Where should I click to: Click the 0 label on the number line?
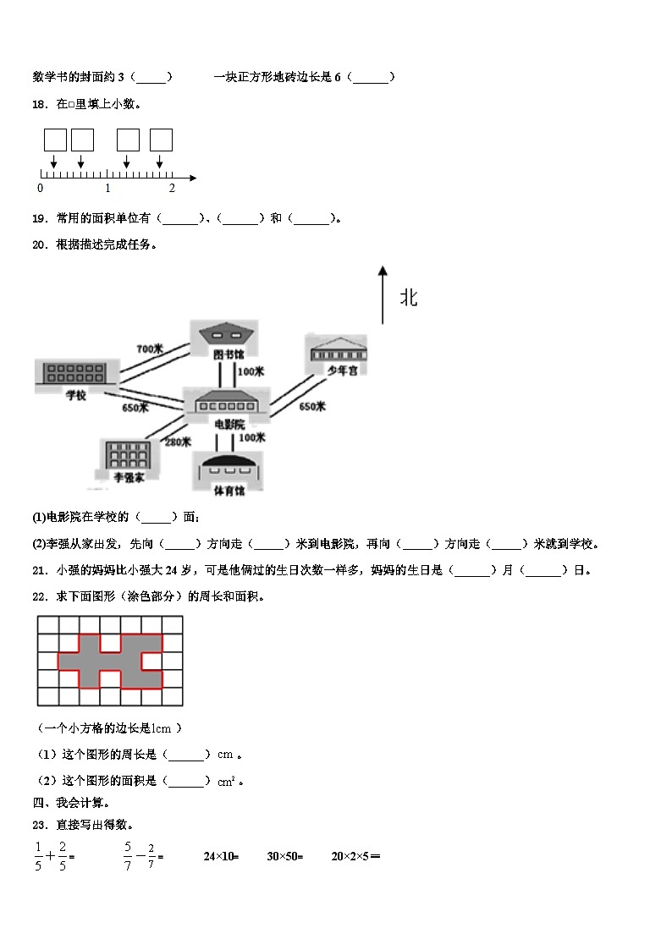pyautogui.click(x=40, y=189)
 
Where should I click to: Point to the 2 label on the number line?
pyautogui.click(x=171, y=189)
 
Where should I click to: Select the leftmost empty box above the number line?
pyautogui.click(x=55, y=140)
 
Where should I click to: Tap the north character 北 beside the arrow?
pyautogui.click(x=409, y=298)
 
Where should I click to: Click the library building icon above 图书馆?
pyautogui.click(x=223, y=333)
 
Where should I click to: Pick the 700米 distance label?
pyautogui.click(x=150, y=349)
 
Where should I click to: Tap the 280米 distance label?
pyautogui.click(x=178, y=442)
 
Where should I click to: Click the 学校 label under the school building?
pyautogui.click(x=75, y=395)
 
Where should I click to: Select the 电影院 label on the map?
pyautogui.click(x=228, y=424)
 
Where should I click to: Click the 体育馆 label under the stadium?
pyautogui.click(x=227, y=491)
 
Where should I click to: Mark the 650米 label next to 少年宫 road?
pyautogui.click(x=312, y=407)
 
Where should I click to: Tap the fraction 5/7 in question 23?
pyautogui.click(x=128, y=856)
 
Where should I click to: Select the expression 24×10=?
pyautogui.click(x=221, y=857)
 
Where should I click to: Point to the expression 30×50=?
pyautogui.click(x=284, y=857)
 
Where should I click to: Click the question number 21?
pyautogui.click(x=39, y=570)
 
